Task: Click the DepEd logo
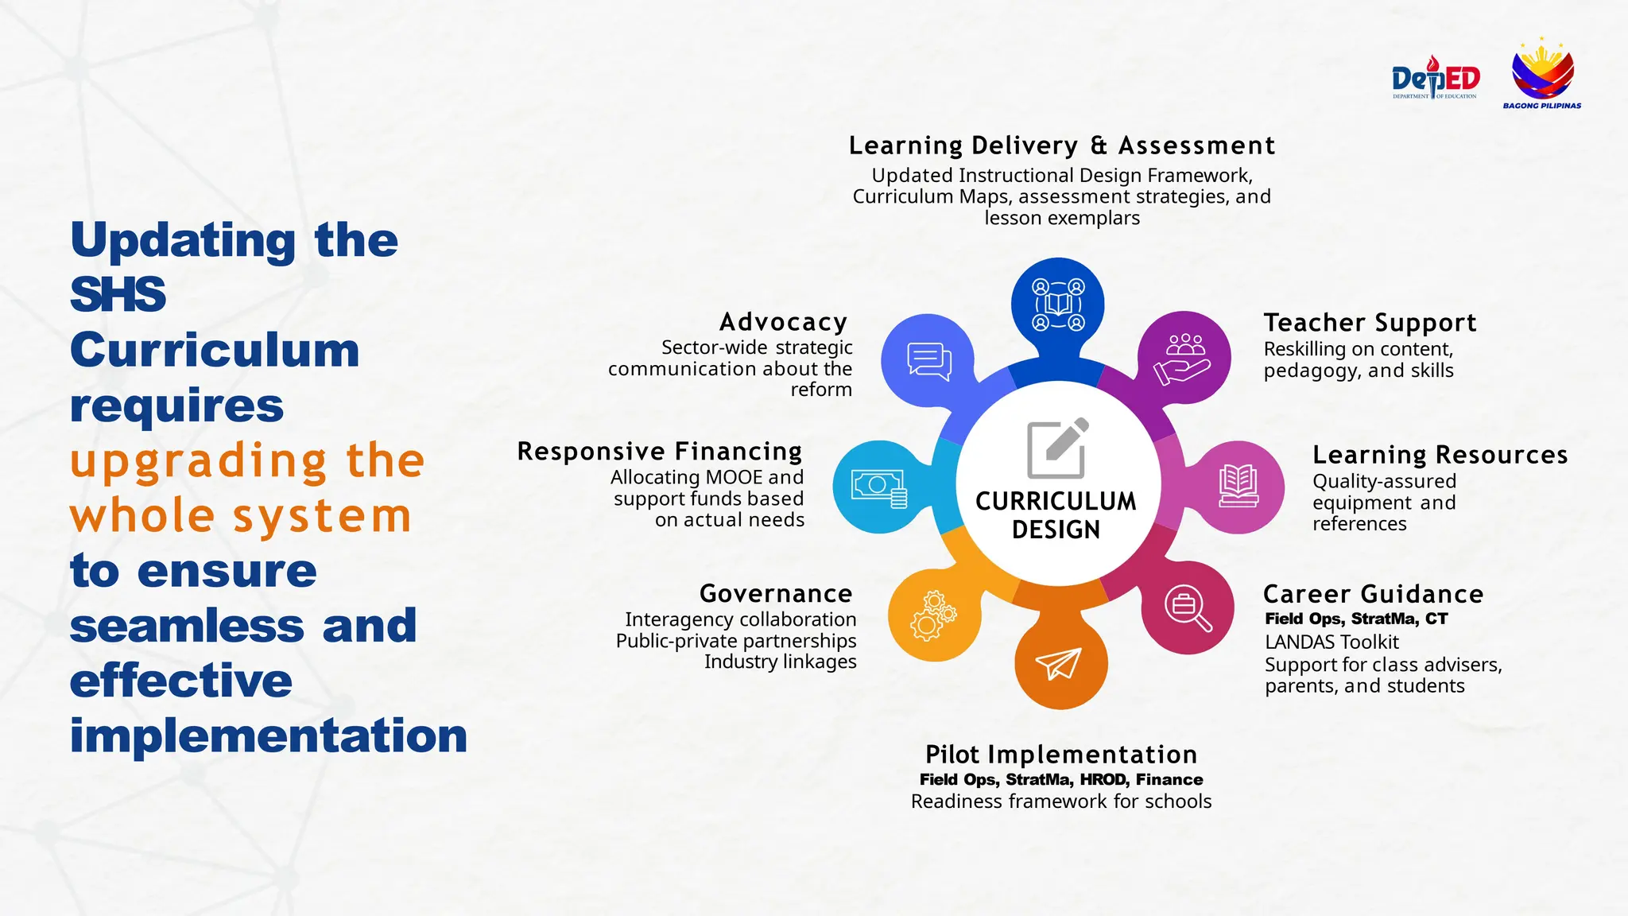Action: point(1435,78)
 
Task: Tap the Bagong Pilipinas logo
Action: point(1542,73)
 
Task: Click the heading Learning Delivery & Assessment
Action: point(1061,146)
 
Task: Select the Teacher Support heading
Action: point(1370,323)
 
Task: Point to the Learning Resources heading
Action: point(1440,455)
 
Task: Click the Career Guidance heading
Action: point(1373,594)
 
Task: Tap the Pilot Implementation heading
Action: point(1061,754)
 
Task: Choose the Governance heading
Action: point(776,593)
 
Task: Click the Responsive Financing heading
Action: point(660,451)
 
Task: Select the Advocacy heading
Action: point(783,321)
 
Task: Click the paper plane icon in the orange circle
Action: point(1059,663)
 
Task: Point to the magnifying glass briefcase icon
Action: point(1188,608)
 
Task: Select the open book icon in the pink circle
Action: point(1238,486)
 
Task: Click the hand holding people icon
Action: point(1184,359)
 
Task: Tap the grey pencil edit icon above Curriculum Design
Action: point(1057,448)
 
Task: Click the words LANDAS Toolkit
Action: point(1331,642)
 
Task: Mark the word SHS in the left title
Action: point(118,294)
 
